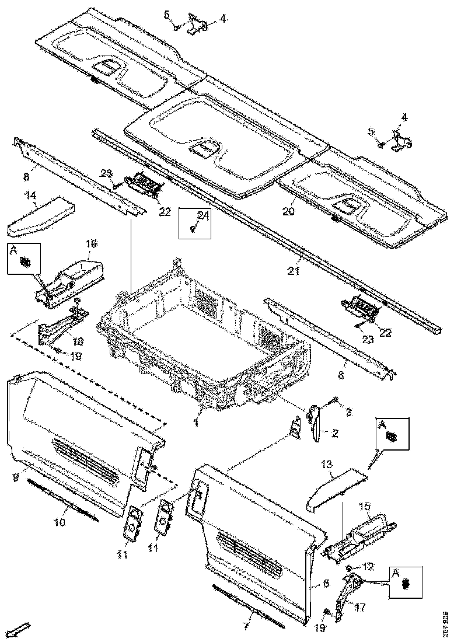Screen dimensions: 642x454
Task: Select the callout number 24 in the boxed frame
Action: tap(202, 216)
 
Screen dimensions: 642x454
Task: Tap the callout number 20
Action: tap(288, 211)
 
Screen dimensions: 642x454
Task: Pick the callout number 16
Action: tap(91, 243)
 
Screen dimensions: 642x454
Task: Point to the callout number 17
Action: tap(360, 607)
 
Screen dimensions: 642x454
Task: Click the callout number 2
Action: tap(336, 432)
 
